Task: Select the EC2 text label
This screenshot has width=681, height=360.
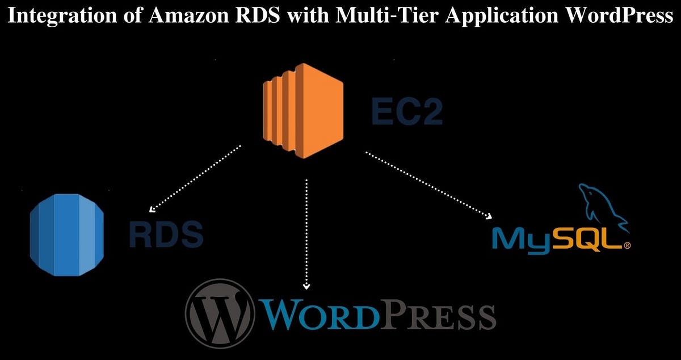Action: coord(406,111)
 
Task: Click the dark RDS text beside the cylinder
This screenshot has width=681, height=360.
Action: coord(165,234)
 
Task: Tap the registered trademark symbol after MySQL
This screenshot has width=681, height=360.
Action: coord(627,246)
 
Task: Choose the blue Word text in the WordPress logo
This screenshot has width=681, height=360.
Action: coord(318,314)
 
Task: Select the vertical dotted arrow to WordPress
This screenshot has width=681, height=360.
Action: coord(306,233)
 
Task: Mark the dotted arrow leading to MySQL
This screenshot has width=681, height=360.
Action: coord(428,185)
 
